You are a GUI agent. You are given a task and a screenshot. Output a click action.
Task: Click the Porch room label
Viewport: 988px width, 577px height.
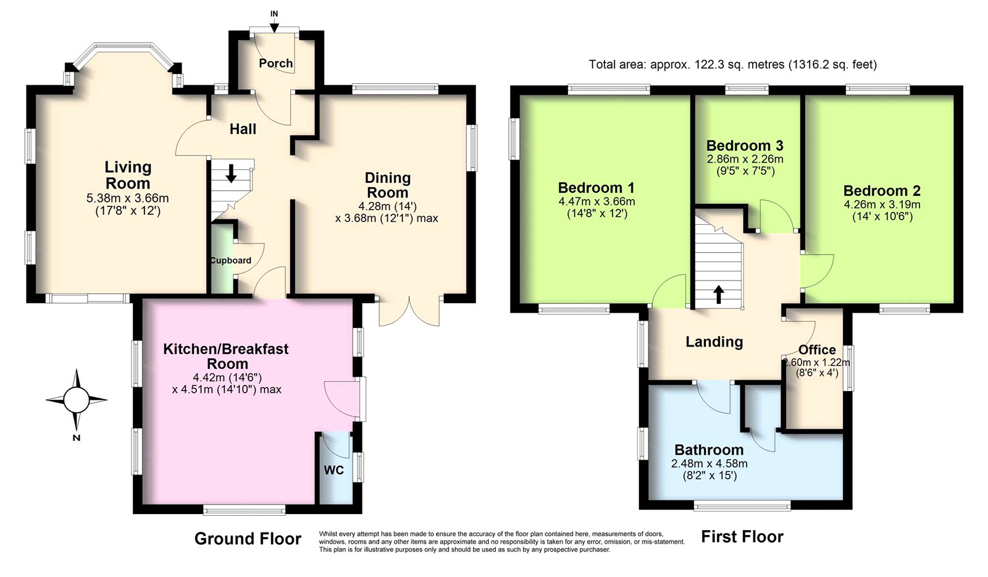(275, 64)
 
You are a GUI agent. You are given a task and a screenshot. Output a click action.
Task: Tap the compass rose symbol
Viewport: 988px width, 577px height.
(77, 400)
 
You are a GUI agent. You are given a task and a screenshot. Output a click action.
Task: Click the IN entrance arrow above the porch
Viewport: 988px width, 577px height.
(274, 26)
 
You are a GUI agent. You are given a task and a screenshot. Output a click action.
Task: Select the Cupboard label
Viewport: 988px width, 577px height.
(230, 260)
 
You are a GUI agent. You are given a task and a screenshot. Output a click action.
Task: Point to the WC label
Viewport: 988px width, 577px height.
(334, 470)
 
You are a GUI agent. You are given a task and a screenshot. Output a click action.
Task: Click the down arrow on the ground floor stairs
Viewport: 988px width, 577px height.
(231, 173)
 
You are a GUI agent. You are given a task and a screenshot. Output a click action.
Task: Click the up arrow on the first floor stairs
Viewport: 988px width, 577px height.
(719, 295)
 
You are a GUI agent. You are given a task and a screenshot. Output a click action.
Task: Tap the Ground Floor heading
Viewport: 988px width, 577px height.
(248, 539)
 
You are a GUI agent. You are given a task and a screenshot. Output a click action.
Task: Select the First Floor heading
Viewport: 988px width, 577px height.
(742, 537)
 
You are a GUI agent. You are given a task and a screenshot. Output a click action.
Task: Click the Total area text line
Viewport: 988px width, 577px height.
(733, 65)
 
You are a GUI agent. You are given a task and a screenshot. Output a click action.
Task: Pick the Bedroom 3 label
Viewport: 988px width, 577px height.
(745, 145)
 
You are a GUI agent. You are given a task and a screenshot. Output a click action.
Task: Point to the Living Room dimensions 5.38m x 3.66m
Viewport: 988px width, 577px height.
(127, 198)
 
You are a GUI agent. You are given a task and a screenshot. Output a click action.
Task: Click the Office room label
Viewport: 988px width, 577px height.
(818, 350)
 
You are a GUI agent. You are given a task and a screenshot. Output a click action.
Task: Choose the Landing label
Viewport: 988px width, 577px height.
(714, 342)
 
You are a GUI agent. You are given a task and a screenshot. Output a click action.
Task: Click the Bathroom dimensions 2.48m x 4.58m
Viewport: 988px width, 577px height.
(710, 463)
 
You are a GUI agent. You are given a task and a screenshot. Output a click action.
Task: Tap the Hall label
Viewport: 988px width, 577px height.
(243, 129)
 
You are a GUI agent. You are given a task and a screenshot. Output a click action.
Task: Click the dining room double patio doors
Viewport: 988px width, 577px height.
(409, 311)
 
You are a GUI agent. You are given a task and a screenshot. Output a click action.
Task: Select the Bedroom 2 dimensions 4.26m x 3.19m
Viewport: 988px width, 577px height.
(882, 204)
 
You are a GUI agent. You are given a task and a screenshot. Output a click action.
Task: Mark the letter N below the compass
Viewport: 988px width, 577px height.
(77, 438)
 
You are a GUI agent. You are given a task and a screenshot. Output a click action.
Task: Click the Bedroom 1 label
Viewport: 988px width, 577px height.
(597, 188)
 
